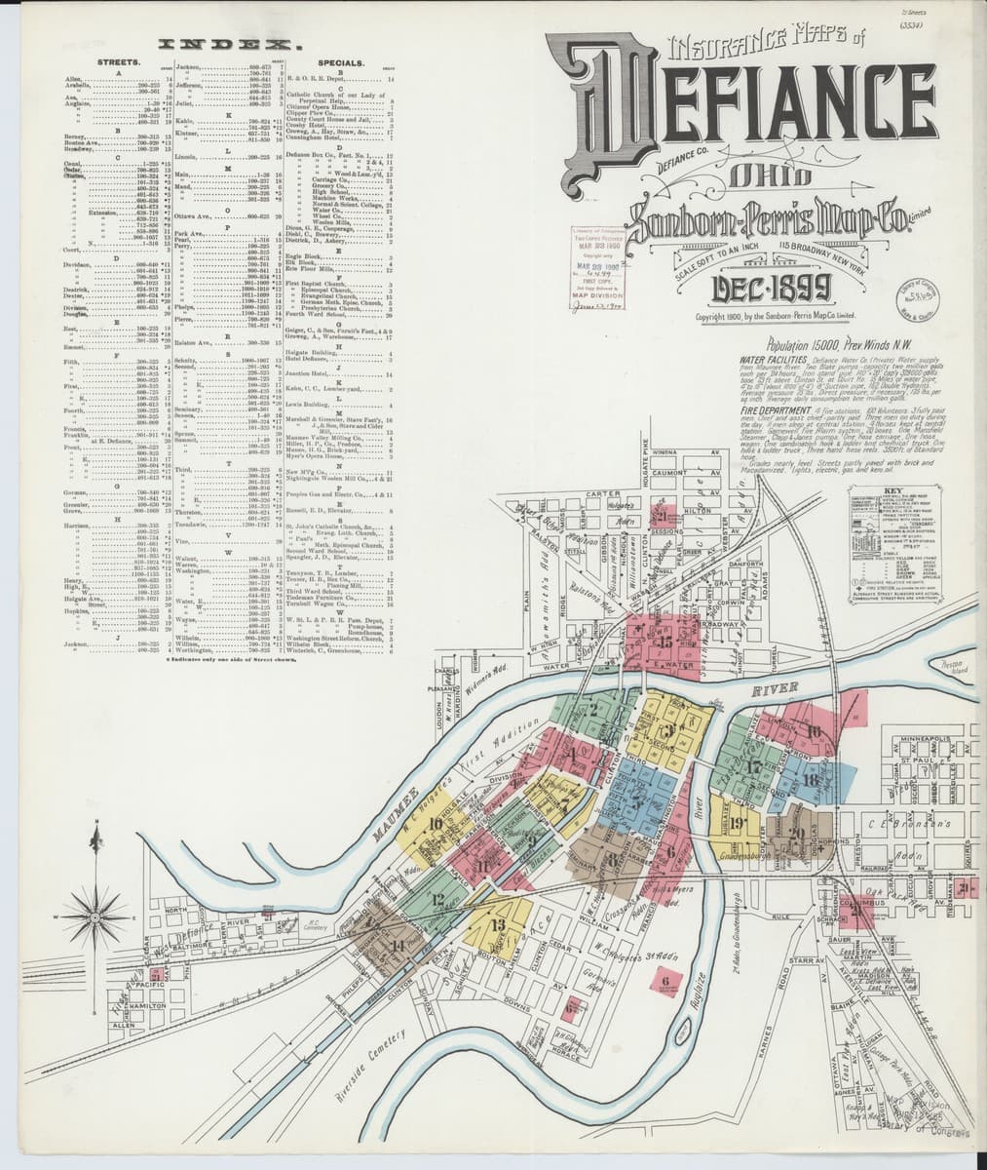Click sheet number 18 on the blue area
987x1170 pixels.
[811, 780]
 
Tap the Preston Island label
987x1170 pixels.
[957, 669]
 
